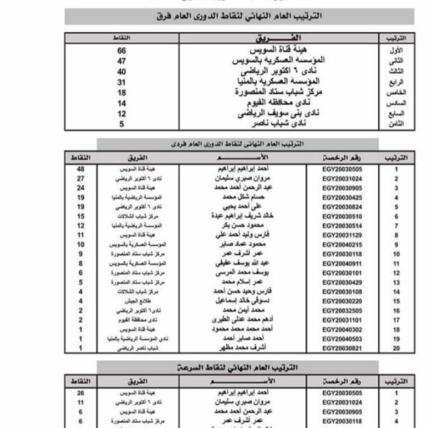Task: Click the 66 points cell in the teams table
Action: click(x=122, y=51)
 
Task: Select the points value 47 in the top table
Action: click(x=122, y=62)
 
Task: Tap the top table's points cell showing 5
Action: click(x=122, y=123)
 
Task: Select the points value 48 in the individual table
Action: click(x=81, y=169)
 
